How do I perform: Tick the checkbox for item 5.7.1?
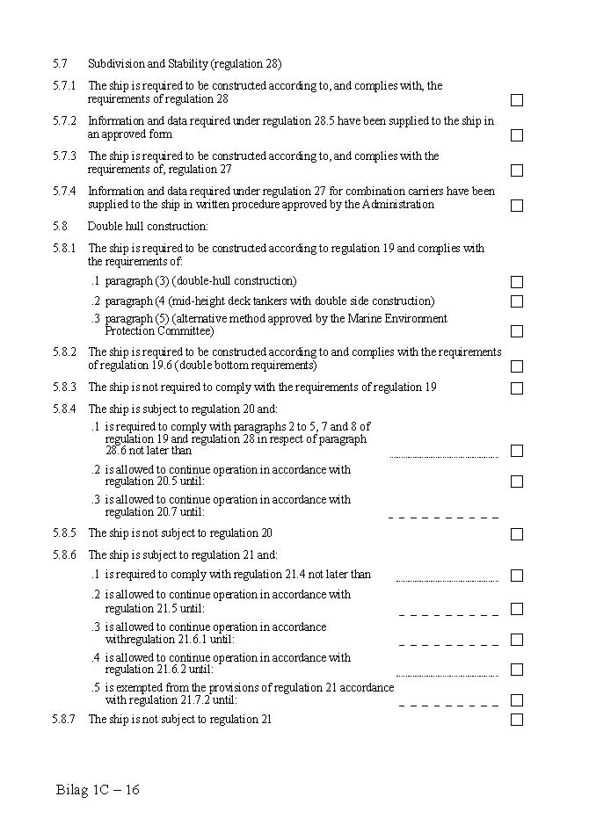pos(517,100)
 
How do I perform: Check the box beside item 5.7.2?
pos(517,135)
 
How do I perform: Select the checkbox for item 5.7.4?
pos(517,206)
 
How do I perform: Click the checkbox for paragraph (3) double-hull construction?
pos(517,282)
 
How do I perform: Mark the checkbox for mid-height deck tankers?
pos(517,301)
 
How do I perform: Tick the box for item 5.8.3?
pos(517,388)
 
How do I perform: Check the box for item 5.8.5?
pos(517,534)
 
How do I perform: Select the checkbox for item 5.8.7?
pos(517,720)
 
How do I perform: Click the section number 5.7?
pos(60,64)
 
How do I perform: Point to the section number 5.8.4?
pos(64,409)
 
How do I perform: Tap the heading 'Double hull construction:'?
pos(148,227)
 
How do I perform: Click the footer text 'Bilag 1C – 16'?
pos(98,789)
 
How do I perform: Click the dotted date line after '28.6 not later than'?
pos(444,457)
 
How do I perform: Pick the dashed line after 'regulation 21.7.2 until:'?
pos(448,705)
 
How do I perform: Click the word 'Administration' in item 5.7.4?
pos(402,205)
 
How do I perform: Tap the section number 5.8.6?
pos(64,555)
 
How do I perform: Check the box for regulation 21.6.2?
pos(517,670)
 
